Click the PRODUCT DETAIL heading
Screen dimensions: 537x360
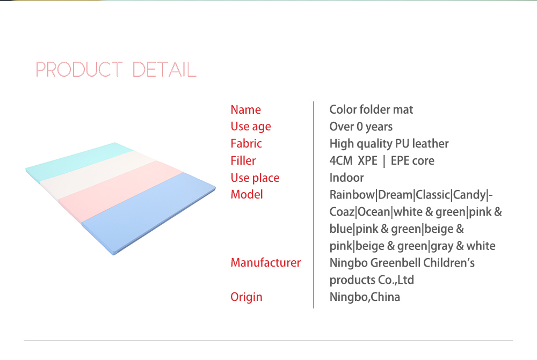[116, 69]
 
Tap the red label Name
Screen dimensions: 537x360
[245, 109]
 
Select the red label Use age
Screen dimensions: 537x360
[251, 127]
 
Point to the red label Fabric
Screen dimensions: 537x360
[246, 143]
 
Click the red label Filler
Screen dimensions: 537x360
[243, 160]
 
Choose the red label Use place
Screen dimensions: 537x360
[255, 178]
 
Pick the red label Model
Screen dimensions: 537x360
[246, 194]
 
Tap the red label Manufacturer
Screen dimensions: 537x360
[266, 262]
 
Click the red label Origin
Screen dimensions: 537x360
[246, 297]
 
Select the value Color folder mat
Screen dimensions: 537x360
[371, 109]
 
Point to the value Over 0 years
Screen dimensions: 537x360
[361, 127]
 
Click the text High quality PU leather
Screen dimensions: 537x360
[389, 144]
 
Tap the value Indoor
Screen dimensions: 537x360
[346, 178]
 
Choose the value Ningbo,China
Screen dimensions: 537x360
[365, 297]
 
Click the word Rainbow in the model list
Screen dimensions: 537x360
[352, 195]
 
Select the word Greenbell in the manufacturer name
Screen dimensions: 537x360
[396, 263]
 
